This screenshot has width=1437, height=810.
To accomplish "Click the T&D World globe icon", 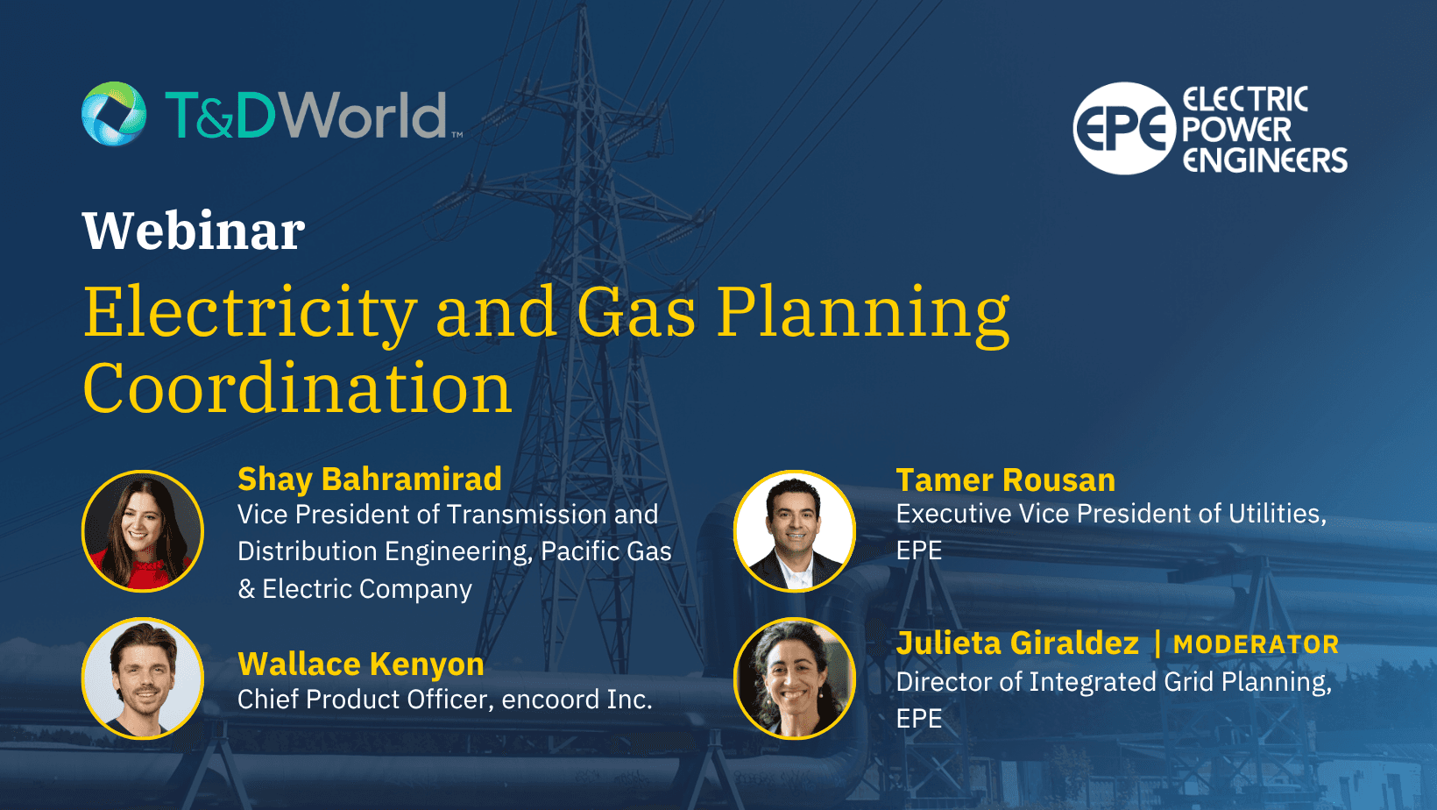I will click(114, 114).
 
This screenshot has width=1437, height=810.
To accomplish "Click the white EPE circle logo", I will click(1123, 129).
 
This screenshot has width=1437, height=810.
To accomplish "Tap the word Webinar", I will click(194, 231).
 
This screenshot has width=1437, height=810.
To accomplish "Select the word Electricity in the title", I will click(250, 313).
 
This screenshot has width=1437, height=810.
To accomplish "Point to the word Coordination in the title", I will click(297, 389).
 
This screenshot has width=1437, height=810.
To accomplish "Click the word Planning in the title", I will click(863, 313).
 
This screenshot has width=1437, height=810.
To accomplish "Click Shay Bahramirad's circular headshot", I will click(143, 531).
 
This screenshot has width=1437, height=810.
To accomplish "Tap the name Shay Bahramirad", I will click(370, 480).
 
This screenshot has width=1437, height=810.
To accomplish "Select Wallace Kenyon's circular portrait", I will click(143, 679).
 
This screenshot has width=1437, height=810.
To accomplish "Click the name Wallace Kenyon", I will click(361, 664).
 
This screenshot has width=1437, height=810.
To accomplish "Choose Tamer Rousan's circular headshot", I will click(795, 531).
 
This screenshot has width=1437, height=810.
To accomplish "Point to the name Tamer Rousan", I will click(1005, 480).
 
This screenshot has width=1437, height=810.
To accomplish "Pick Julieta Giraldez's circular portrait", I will click(795, 679).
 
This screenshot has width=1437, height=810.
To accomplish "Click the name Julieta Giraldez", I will click(1017, 643).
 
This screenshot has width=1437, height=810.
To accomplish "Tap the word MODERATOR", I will click(1256, 645).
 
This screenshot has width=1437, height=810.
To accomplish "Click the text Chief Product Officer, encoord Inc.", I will click(445, 700).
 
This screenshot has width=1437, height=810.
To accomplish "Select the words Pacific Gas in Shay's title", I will click(606, 551).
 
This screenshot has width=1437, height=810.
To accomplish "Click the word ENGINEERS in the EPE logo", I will click(1265, 160).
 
